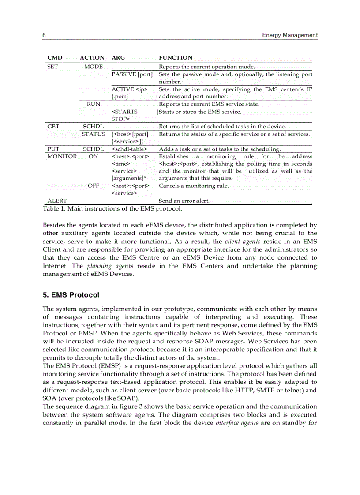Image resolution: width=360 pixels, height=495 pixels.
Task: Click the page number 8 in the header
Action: [x=45, y=35]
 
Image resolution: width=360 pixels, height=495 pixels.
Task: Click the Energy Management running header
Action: [x=289, y=35]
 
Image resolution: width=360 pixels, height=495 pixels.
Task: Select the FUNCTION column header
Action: [x=176, y=58]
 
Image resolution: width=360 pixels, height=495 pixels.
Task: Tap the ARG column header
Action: [x=118, y=58]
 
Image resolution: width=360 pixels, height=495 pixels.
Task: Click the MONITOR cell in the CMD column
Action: [x=62, y=156]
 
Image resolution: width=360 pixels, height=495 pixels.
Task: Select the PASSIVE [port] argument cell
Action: [x=132, y=74]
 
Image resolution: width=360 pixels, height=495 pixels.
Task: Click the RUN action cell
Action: [x=94, y=104]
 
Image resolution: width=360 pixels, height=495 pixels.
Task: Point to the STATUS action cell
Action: [x=94, y=134]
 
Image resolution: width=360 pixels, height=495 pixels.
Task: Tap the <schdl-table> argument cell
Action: [x=129, y=149]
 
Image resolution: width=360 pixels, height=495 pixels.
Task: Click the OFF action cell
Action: [x=94, y=186]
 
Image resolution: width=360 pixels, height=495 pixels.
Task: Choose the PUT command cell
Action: [x=53, y=149]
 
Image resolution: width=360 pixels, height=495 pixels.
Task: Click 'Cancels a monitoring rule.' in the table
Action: [x=194, y=186]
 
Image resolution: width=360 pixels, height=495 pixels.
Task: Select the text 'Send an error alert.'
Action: [x=184, y=201]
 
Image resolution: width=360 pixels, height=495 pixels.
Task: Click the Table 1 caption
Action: [x=112, y=208]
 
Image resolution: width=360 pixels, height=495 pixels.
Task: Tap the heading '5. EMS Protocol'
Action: [x=71, y=295]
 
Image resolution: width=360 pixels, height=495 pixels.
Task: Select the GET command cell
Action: [x=53, y=127]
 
